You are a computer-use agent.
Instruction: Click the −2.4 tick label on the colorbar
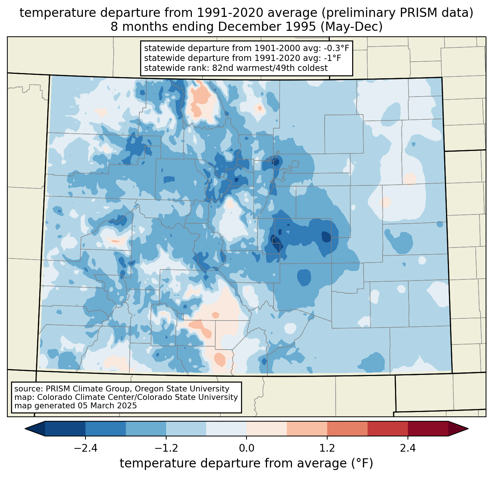coord(85,448)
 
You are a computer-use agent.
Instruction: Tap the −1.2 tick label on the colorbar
coord(166,448)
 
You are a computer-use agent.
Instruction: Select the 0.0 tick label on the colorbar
coord(246,448)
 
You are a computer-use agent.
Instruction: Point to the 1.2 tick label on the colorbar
coord(327,448)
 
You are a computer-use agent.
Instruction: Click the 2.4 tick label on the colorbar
coord(408,448)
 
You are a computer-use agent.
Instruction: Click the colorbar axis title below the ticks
coord(246,463)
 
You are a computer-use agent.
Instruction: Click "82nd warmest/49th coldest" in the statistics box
coord(270,68)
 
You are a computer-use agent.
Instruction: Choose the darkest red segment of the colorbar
coord(428,429)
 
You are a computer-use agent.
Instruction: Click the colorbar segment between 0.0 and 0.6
coord(267,429)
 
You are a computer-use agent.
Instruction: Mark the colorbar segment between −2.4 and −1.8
coord(106,429)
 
